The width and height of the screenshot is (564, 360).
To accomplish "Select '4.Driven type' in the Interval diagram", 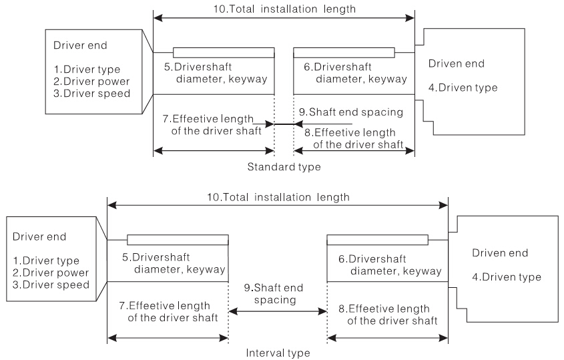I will click(x=507, y=277).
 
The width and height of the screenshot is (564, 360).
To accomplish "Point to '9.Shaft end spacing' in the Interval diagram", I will click(x=277, y=294).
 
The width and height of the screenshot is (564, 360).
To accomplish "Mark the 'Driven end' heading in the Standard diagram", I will click(x=457, y=63).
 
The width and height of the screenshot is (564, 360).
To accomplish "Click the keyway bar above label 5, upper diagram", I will click(x=224, y=53).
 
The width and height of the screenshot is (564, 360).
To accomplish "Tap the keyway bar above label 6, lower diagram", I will click(x=378, y=240).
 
